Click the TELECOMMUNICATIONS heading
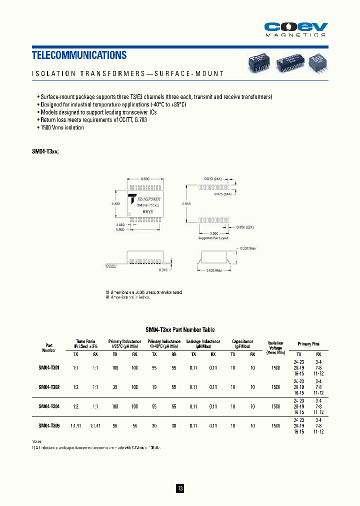79,55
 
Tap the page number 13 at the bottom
180,488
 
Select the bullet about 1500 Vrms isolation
61,127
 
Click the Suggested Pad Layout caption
213,238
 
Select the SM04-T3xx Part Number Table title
180,330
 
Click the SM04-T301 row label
49,367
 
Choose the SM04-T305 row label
49,425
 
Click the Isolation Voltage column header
275,347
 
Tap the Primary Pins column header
309,344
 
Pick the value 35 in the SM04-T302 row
115,387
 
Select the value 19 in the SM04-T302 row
154,387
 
